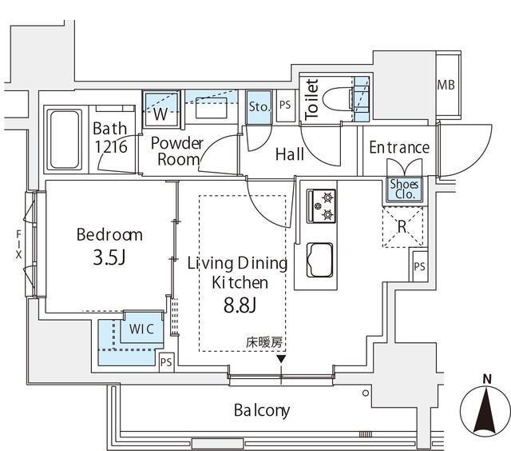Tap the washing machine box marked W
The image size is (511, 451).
point(160,111)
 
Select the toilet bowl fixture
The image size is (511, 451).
point(338,100)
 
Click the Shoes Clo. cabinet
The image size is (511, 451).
point(403,189)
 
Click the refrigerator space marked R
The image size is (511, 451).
point(402,226)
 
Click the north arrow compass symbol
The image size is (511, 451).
point(485,408)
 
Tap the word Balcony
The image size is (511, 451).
point(262,411)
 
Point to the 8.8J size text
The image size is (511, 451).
point(240,305)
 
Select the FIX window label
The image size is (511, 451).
point(18,243)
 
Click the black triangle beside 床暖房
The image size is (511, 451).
point(281,359)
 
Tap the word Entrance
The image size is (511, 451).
point(399,148)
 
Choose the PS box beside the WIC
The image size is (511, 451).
point(166,362)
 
